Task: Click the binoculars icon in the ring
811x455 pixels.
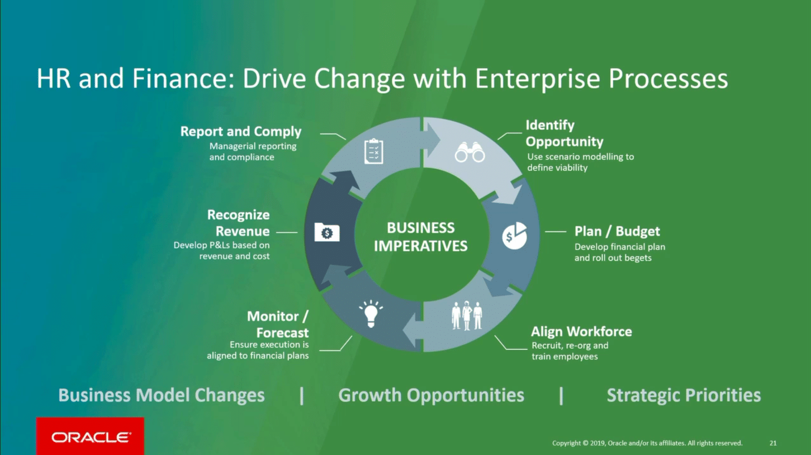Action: pyautogui.click(x=470, y=152)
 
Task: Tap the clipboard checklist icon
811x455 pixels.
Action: pyautogui.click(x=373, y=151)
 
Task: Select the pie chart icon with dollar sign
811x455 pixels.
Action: pyautogui.click(x=514, y=235)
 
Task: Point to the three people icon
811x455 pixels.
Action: pyautogui.click(x=466, y=315)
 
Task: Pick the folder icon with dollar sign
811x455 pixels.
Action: pyautogui.click(x=327, y=232)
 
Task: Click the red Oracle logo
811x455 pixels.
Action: pyautogui.click(x=90, y=437)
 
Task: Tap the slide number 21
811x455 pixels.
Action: pyautogui.click(x=773, y=443)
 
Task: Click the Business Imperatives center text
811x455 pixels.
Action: pyautogui.click(x=421, y=237)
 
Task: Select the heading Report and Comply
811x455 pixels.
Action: pyautogui.click(x=241, y=132)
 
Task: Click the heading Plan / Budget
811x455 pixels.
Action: pyautogui.click(x=617, y=231)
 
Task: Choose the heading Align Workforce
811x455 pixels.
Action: pyautogui.click(x=581, y=332)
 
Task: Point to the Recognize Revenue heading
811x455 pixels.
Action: pyautogui.click(x=239, y=223)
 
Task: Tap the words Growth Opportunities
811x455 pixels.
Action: pyautogui.click(x=431, y=395)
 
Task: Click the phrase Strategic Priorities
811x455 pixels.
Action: pyautogui.click(x=683, y=395)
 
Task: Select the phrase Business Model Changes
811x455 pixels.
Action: pyautogui.click(x=162, y=395)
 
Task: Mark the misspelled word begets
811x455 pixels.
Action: pyautogui.click(x=638, y=258)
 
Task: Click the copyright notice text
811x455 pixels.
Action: pyautogui.click(x=647, y=443)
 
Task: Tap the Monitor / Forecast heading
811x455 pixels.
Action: pyautogui.click(x=278, y=325)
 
